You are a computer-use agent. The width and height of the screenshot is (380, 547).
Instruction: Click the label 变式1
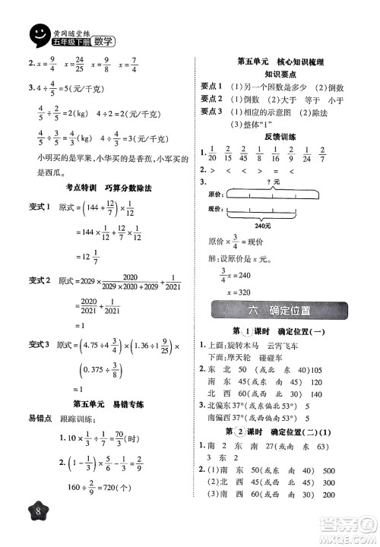(x=38, y=208)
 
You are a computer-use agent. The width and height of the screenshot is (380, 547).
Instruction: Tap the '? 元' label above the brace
(x=265, y=183)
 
